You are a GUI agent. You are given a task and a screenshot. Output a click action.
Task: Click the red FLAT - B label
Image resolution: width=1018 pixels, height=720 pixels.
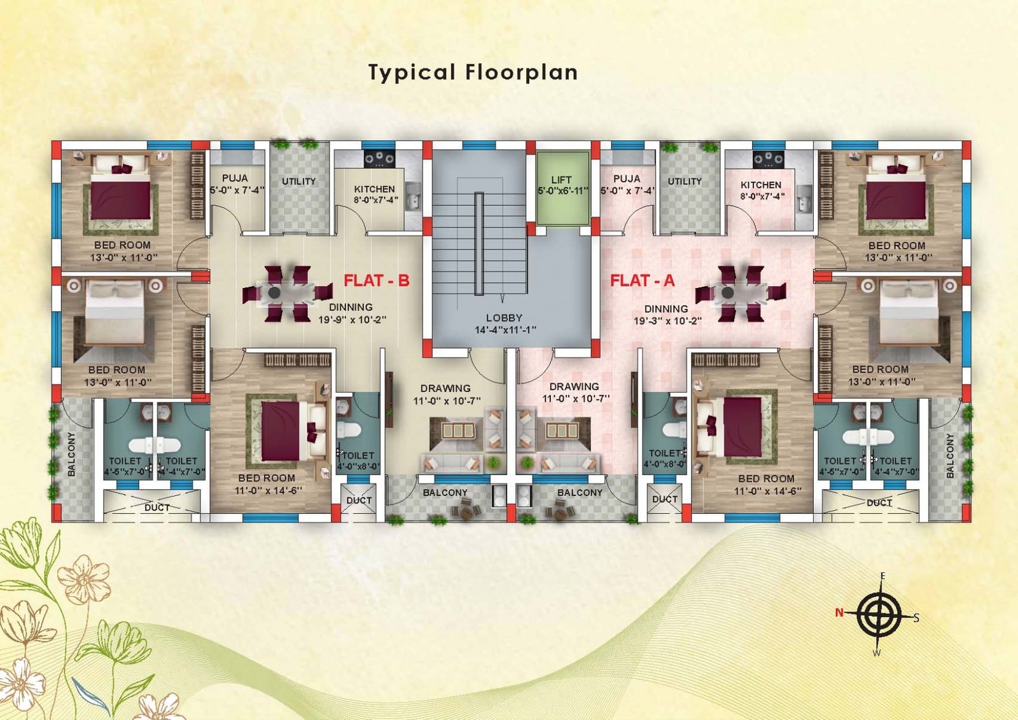click(x=376, y=280)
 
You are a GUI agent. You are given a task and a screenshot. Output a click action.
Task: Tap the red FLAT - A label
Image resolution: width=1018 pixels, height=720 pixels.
click(x=642, y=280)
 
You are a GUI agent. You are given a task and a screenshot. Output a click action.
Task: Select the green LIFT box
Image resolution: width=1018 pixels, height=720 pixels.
click(x=562, y=188)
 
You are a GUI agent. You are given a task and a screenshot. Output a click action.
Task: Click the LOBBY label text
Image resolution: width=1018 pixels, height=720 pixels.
click(x=504, y=317)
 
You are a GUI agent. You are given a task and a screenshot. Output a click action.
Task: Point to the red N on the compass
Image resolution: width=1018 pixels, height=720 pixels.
click(x=839, y=613)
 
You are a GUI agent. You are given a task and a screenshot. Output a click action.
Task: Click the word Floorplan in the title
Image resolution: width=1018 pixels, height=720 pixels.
click(x=521, y=73)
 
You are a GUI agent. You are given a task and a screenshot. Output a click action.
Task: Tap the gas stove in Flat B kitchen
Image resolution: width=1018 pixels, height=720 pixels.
click(x=379, y=158)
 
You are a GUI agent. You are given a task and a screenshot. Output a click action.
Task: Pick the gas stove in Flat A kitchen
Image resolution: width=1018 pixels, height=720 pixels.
click(x=768, y=158)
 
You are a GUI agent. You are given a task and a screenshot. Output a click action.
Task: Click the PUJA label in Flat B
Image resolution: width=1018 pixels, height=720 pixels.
click(x=235, y=178)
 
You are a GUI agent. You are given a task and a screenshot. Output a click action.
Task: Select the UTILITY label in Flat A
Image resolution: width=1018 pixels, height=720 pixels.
click(x=685, y=181)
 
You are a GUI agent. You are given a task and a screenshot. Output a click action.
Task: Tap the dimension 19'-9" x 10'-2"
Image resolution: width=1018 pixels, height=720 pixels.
click(x=352, y=320)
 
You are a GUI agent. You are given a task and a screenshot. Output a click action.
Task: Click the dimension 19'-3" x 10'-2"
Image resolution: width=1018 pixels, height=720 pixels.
click(x=667, y=321)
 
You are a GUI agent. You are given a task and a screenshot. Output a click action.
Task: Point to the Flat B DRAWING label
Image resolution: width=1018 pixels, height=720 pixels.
click(x=445, y=389)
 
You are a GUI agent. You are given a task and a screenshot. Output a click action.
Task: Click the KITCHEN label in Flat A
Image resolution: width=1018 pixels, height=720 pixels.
click(x=761, y=185)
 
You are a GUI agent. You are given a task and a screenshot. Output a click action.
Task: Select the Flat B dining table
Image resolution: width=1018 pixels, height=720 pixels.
click(x=287, y=293)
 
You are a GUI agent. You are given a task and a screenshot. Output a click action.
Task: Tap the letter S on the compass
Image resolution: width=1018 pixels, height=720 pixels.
click(x=917, y=618)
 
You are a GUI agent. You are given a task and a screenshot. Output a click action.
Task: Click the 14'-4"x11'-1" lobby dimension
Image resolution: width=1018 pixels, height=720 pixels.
click(x=505, y=330)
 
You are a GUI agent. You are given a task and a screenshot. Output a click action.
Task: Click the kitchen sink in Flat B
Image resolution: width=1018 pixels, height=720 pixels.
click(x=414, y=197)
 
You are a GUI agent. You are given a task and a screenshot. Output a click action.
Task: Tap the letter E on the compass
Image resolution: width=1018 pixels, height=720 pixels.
click(x=883, y=576)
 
